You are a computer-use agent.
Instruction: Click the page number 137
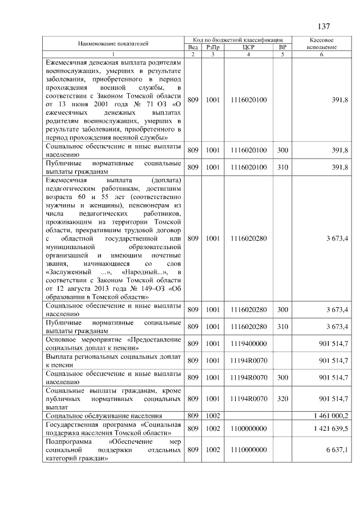[x=323, y=26]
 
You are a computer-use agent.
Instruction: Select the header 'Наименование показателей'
[x=113, y=44]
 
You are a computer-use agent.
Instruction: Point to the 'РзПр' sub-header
[x=213, y=47]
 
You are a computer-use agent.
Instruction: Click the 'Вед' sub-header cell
[x=193, y=47]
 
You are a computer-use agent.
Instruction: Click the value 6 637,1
[x=337, y=450]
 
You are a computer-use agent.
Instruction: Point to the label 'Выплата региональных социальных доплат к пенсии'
[x=113, y=360]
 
